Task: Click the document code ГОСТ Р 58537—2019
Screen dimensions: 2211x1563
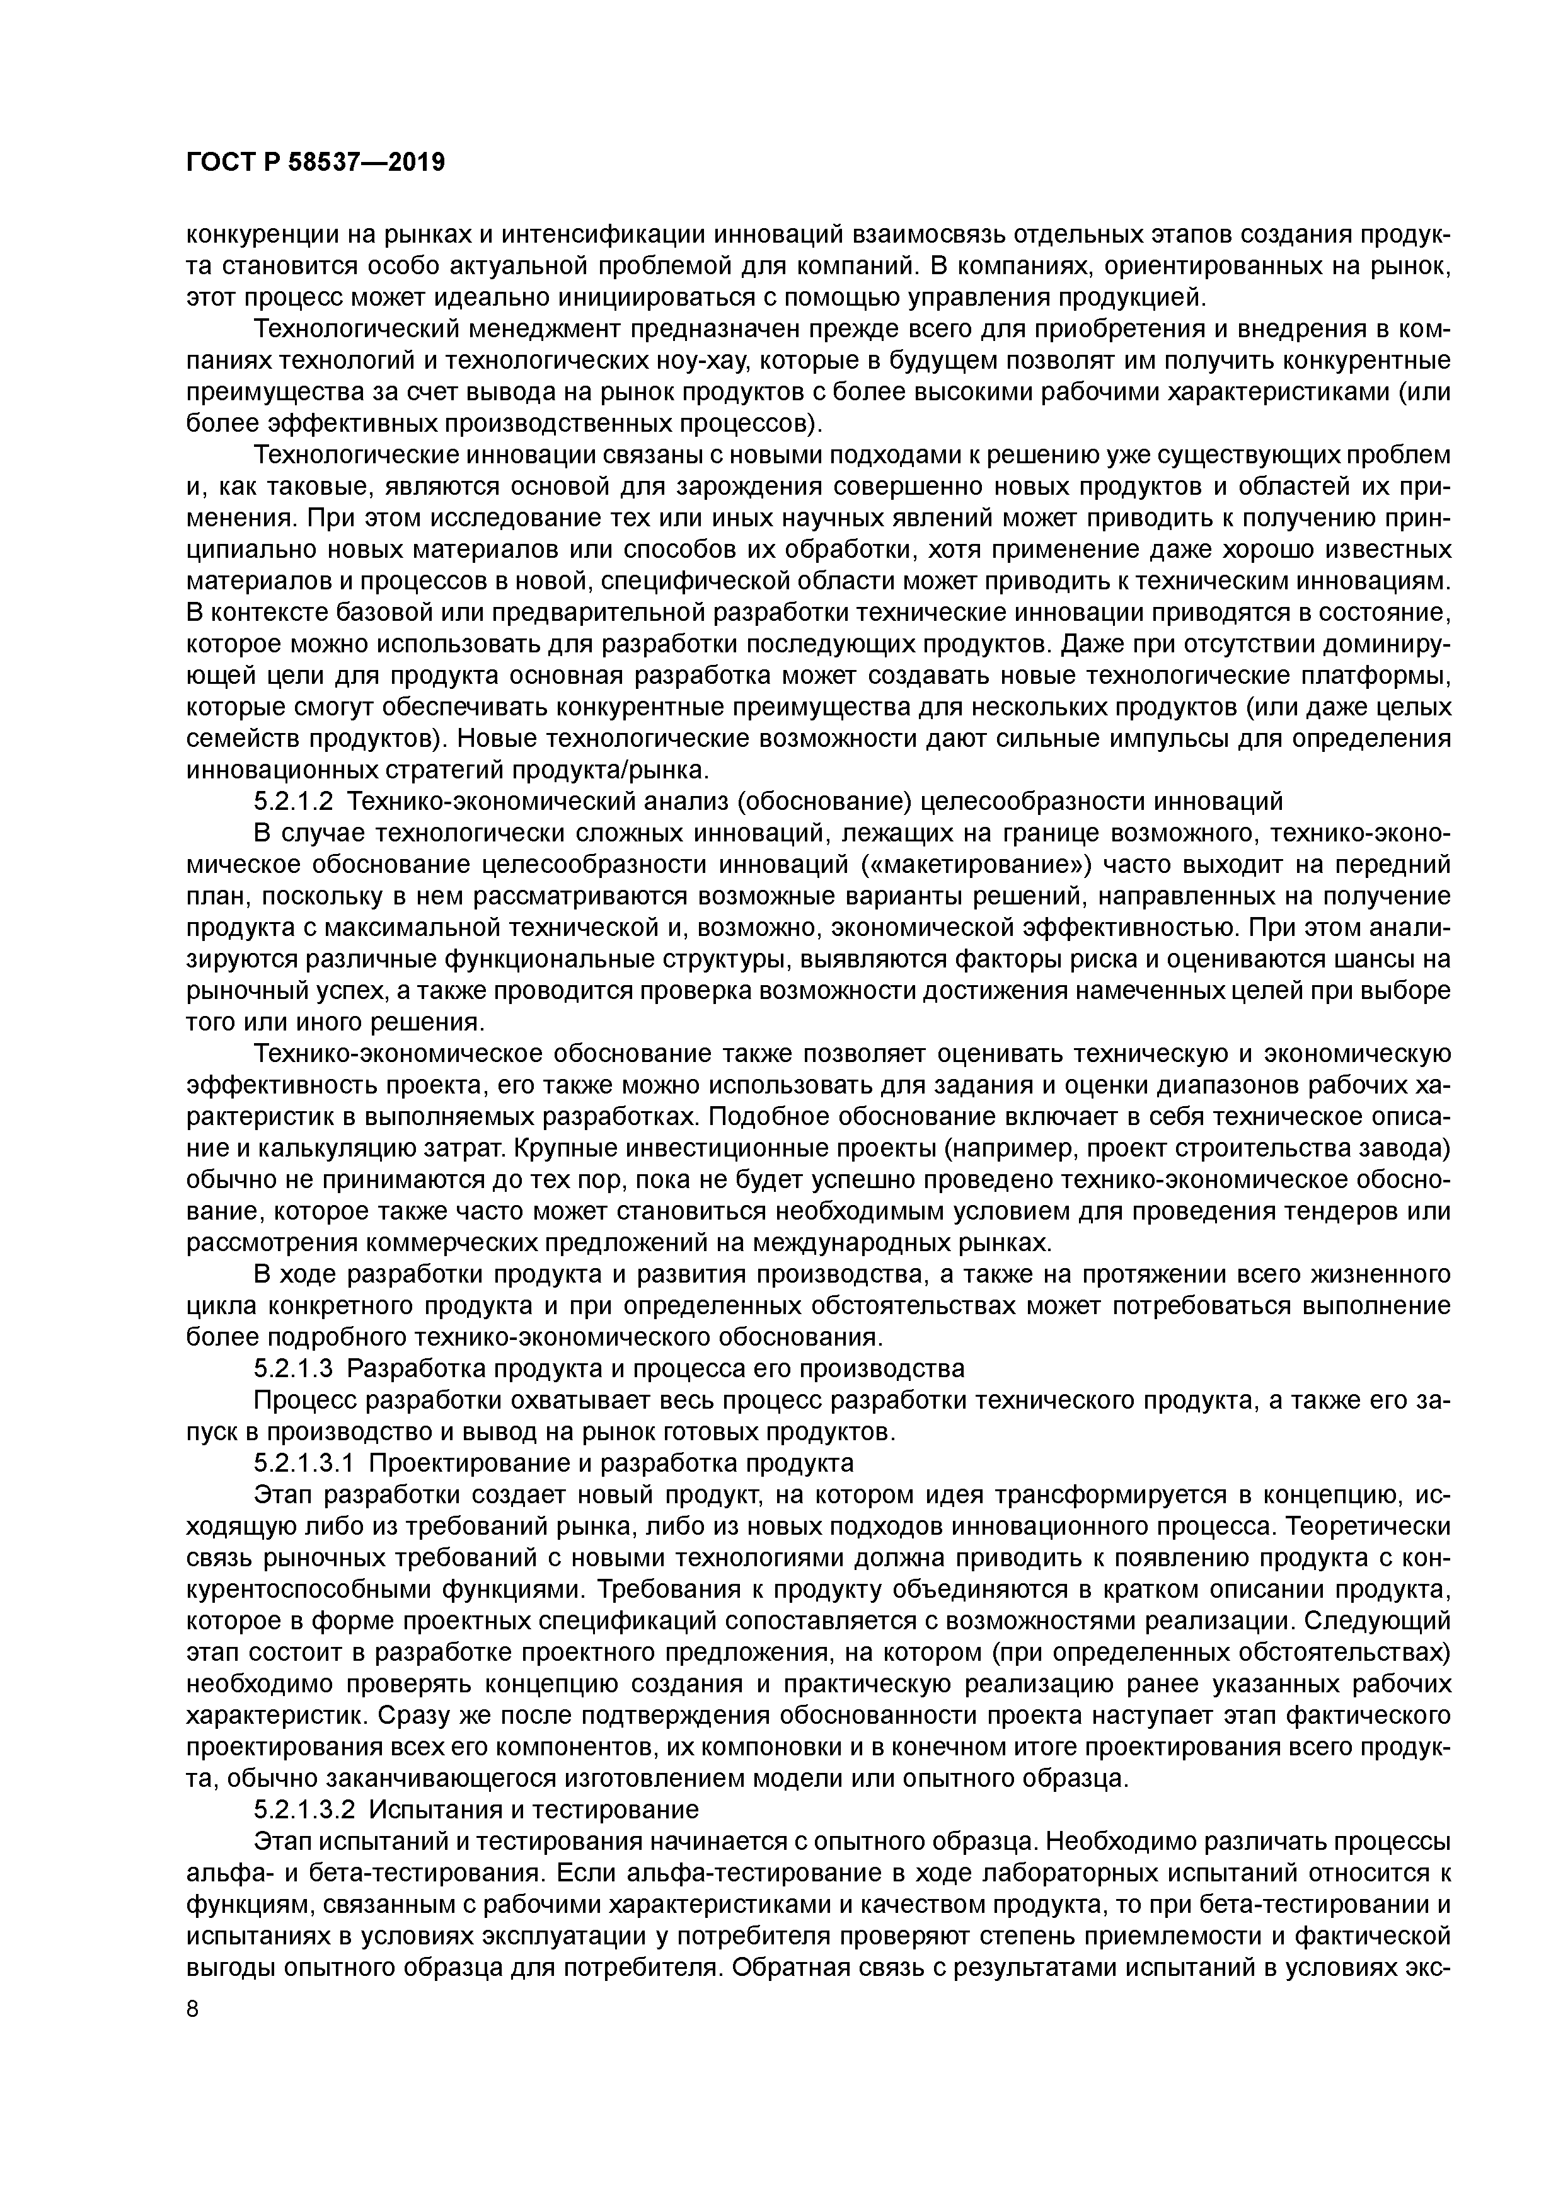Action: [315, 163]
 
